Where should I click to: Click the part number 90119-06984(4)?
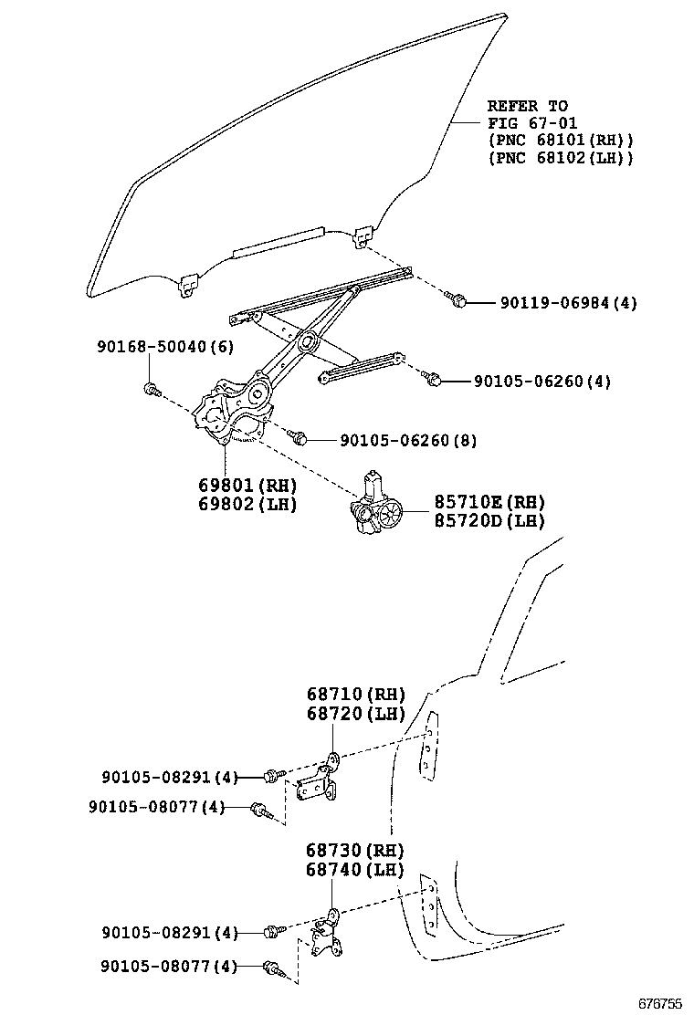(x=569, y=303)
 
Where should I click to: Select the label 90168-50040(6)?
(x=165, y=347)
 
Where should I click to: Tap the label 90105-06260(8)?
(x=408, y=441)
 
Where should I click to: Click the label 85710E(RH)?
(x=476, y=501)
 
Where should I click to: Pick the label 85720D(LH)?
(x=476, y=520)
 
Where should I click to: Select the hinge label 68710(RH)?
(x=355, y=695)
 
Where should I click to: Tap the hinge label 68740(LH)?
(x=354, y=870)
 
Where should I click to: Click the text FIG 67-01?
(x=531, y=123)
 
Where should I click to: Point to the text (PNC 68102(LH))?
(x=560, y=158)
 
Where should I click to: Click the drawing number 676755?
(x=658, y=1003)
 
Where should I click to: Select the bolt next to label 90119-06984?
(x=458, y=300)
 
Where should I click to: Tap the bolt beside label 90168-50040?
(x=152, y=391)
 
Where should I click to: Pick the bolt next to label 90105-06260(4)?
(x=435, y=378)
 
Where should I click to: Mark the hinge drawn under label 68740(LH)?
(x=326, y=936)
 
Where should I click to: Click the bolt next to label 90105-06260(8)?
(x=299, y=438)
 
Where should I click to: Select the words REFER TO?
(x=527, y=106)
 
